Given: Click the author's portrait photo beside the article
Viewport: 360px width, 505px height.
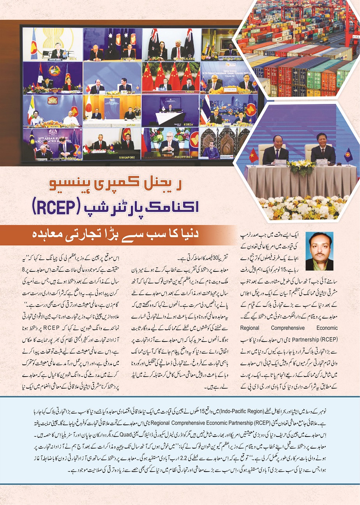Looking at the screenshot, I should [x=319, y=251].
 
